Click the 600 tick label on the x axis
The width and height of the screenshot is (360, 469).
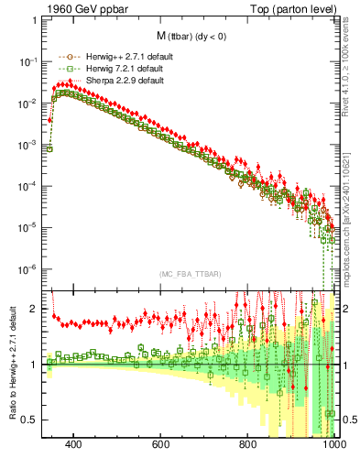161,444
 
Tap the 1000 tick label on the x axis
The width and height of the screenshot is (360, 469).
333,444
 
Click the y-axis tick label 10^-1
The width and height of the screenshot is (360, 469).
30,61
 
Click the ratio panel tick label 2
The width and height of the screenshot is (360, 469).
36,309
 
